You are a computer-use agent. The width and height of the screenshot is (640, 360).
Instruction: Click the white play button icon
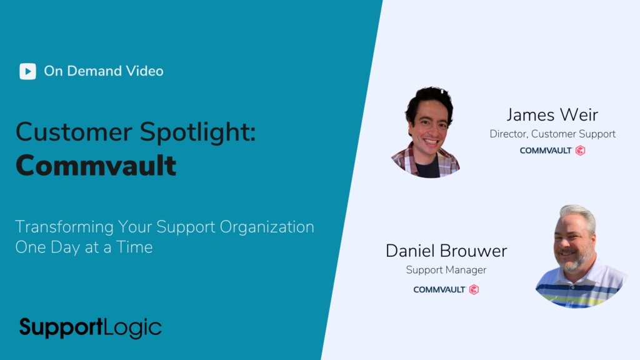point(27,71)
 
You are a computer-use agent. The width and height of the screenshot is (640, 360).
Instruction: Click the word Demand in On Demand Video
point(94,71)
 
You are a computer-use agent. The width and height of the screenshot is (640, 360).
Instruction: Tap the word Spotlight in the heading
point(197,132)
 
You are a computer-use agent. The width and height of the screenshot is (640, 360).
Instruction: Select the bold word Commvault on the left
point(96,165)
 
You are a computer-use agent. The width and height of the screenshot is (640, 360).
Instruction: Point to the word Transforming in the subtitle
point(64,227)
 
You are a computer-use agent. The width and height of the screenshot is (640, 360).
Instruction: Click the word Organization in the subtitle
point(267,227)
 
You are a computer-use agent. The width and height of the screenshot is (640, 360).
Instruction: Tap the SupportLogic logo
point(90,327)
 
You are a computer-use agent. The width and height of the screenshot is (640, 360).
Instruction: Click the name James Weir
point(552,115)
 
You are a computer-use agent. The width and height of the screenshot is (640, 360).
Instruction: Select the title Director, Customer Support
point(552,134)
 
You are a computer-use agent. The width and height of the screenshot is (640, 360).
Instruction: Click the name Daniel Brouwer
point(446,251)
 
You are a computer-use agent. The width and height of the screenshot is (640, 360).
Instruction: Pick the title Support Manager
point(446,270)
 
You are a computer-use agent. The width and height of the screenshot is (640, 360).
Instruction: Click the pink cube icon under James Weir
point(581,151)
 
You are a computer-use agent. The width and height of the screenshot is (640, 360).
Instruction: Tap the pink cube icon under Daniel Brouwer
point(474,289)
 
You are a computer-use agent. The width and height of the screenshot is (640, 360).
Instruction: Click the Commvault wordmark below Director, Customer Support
point(546,151)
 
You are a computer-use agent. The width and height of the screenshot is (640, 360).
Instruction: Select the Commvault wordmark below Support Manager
point(439,289)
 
